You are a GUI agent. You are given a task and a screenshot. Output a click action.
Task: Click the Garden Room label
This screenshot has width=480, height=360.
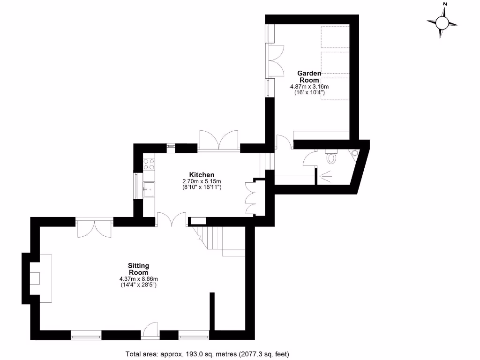click(x=309, y=76)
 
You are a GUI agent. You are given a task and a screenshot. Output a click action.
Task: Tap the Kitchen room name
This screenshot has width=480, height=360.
click(x=202, y=175)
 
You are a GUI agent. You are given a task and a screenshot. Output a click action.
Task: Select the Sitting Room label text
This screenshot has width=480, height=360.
click(x=138, y=269)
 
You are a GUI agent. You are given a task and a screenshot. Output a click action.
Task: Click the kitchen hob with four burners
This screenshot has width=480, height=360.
click(x=149, y=164)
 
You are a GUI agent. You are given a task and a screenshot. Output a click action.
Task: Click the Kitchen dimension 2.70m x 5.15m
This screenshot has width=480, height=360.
click(x=202, y=181)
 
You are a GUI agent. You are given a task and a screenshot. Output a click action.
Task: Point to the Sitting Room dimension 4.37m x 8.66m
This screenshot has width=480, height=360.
click(x=138, y=279)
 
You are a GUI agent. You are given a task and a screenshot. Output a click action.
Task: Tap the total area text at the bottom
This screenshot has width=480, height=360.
click(x=210, y=354)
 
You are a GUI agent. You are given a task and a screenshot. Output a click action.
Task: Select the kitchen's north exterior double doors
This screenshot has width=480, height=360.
click(x=218, y=141)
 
